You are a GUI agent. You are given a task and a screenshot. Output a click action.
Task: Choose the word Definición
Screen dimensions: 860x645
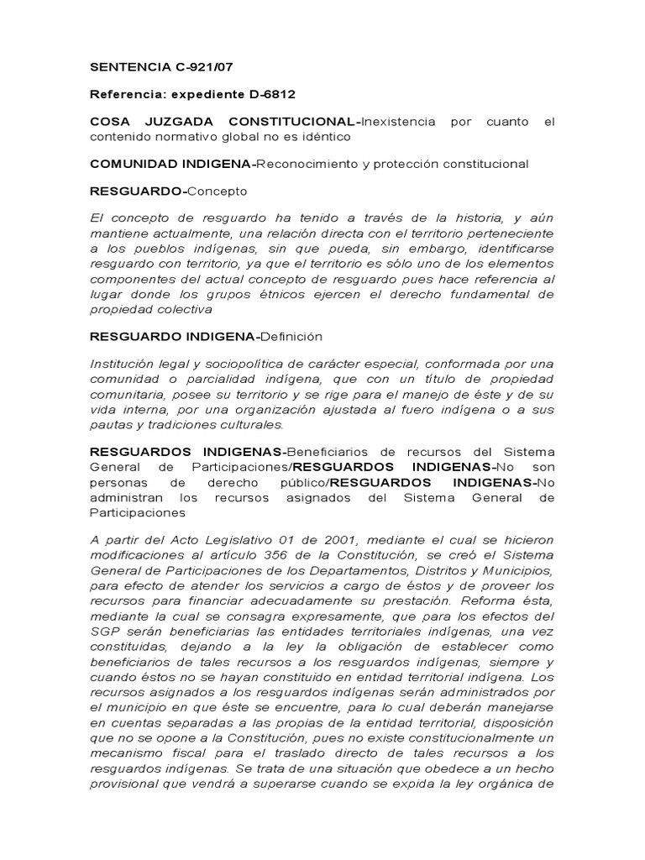291,336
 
